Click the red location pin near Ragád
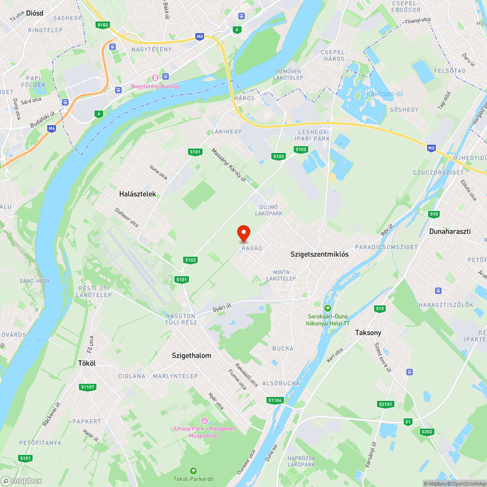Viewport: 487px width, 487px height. pos(243,233)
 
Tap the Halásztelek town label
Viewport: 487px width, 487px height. pos(137,194)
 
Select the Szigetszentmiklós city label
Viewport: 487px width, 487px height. pos(319,254)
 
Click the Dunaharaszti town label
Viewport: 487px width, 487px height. pos(450,231)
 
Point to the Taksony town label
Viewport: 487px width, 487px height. pos(368,333)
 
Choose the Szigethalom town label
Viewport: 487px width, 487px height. pos(191,356)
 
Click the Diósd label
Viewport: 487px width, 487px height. pos(35,13)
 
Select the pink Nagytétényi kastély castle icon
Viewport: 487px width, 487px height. pos(155,77)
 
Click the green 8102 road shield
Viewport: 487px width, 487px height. pos(103,24)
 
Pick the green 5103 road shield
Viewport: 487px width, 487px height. pos(279,156)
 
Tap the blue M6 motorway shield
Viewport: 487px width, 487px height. pos(52,129)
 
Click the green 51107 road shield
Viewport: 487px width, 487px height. pos(88,387)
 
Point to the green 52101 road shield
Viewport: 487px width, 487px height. pos(385,404)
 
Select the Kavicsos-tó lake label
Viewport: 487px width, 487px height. pos(384,94)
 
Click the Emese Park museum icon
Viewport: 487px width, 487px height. pos(204,420)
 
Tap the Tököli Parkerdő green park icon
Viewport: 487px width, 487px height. pos(193,470)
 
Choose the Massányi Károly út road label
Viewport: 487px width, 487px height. pos(228,165)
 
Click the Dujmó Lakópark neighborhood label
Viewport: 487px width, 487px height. pos(268,210)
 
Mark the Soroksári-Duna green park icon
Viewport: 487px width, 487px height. pos(328,308)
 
